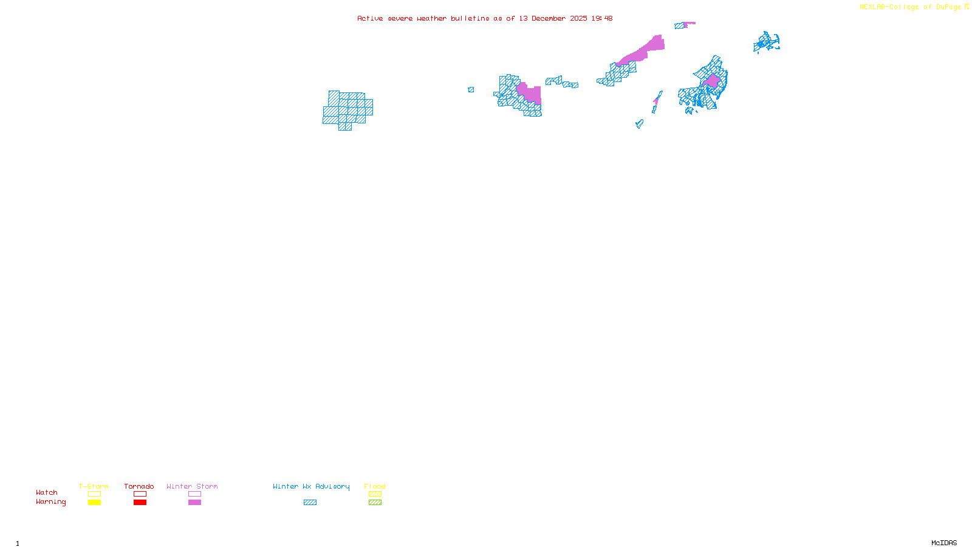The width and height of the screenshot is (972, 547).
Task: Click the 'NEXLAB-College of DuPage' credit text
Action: coord(910,7)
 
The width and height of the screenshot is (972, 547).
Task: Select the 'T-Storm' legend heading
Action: coord(94,486)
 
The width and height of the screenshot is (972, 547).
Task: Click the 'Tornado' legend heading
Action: coord(139,486)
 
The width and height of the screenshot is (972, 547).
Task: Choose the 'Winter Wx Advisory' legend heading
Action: coord(311,486)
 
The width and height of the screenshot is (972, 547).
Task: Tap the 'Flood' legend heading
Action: coord(375,486)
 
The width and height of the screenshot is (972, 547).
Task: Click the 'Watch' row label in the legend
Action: coord(47,493)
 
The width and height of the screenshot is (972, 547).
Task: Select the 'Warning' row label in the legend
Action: coord(51,502)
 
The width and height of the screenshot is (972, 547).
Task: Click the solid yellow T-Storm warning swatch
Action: coord(94,503)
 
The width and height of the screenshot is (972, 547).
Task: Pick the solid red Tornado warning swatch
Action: coord(140,503)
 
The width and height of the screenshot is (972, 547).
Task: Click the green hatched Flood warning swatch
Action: coord(375,503)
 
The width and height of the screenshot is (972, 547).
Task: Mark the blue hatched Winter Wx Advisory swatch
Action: coord(310,503)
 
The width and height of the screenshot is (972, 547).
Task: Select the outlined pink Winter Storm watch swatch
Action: coord(194,494)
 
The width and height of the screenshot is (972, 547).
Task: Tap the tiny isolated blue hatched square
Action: coord(471,90)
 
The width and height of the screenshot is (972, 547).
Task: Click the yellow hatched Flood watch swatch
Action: coord(375,494)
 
